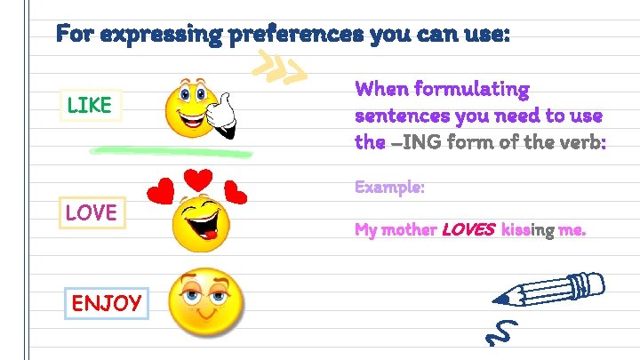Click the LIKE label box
click(90, 105)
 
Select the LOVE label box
click(92, 212)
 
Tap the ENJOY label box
click(106, 303)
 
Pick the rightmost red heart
click(236, 191)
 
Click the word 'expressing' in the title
click(162, 36)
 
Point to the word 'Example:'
click(389, 188)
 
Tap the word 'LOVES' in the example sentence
click(468, 230)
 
